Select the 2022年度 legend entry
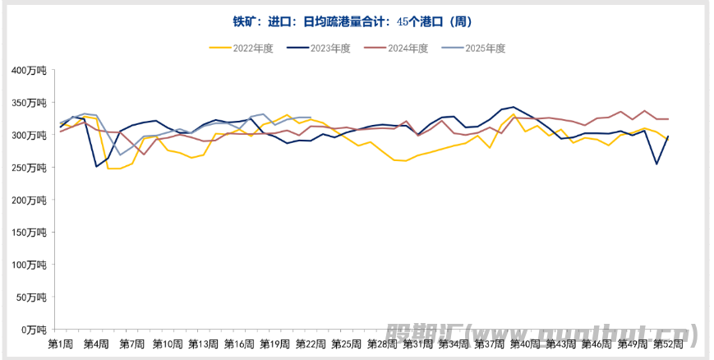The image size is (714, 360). click(x=246, y=48)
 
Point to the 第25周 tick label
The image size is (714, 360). click(x=346, y=344)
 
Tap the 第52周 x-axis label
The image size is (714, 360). click(x=667, y=344)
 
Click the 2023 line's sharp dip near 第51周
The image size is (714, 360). click(x=656, y=164)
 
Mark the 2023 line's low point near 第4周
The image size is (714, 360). click(x=96, y=166)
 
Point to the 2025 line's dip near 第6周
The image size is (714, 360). click(x=120, y=155)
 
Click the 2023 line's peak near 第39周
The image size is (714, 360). click(x=514, y=107)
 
